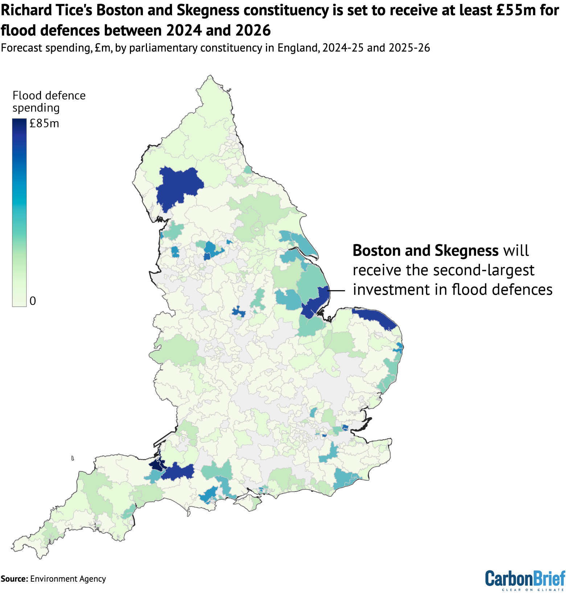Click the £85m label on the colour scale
(x=44, y=124)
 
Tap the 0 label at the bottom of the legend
(x=33, y=301)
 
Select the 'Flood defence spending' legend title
(x=49, y=102)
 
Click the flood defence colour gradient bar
(x=19, y=212)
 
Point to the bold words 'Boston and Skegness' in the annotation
(x=425, y=251)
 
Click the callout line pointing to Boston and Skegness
(x=336, y=290)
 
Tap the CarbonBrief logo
(x=525, y=579)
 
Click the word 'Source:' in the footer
(x=14, y=579)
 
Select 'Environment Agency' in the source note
(x=68, y=579)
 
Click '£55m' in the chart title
(x=520, y=11)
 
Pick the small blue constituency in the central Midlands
(x=238, y=312)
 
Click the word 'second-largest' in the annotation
(x=470, y=270)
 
